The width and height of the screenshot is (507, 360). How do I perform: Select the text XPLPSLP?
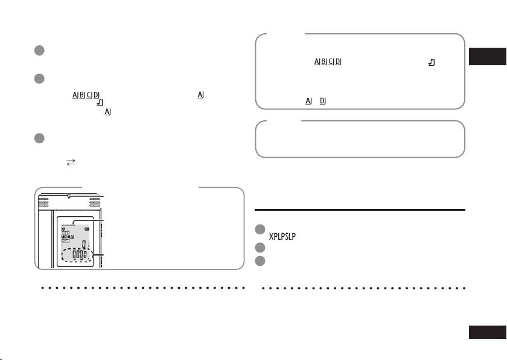coord(285,236)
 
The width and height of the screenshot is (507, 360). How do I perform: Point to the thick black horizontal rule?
coord(360,210)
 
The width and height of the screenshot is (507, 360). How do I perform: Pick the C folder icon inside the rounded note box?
coord(331,63)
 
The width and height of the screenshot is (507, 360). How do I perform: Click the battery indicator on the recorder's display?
coord(88,229)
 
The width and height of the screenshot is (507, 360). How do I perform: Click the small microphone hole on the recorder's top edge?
coord(69,196)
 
